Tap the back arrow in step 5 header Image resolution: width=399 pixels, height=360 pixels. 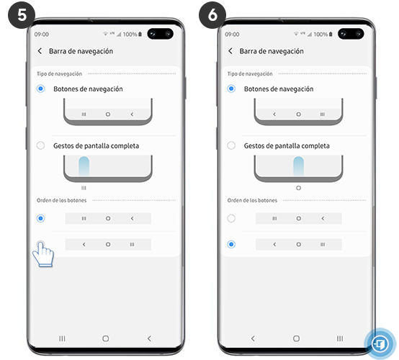[40, 51]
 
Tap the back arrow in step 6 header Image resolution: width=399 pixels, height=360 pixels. [230, 51]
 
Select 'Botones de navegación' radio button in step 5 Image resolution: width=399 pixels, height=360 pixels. [40, 89]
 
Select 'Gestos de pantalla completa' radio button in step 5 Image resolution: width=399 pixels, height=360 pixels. [40, 145]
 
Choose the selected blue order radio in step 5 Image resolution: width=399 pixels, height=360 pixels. [40, 218]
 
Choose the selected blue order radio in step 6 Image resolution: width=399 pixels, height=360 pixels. [231, 244]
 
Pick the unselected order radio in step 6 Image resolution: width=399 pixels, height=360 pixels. [231, 218]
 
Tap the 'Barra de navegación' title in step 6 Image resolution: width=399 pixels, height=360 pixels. [272, 51]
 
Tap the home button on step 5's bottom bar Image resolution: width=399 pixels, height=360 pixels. [106, 338]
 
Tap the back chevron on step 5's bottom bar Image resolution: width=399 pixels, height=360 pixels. [149, 338]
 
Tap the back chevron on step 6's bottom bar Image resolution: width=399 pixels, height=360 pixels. [253, 338]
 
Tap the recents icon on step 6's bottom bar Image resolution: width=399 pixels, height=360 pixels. [340, 338]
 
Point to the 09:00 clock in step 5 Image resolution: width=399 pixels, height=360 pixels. [41, 34]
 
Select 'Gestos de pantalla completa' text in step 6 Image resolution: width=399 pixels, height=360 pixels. [287, 145]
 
